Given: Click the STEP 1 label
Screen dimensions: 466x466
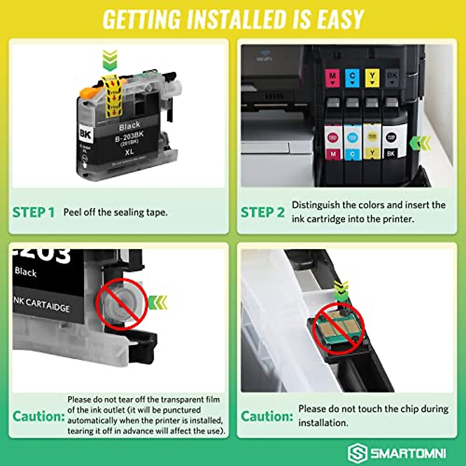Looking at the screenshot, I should (x=33, y=212).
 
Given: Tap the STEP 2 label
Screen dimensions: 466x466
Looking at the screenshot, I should (x=263, y=212).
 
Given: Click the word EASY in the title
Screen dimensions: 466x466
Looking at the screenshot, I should (x=341, y=19).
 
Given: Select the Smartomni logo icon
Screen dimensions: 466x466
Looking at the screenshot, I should (x=357, y=453).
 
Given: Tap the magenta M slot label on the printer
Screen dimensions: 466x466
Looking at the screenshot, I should (x=332, y=78).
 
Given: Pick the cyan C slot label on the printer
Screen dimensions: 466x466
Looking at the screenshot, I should (x=352, y=78).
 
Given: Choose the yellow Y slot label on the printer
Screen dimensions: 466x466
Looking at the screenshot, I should (x=372, y=78).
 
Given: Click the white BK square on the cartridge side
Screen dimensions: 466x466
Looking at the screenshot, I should (x=85, y=134).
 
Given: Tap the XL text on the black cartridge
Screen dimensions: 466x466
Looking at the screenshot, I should (x=129, y=151).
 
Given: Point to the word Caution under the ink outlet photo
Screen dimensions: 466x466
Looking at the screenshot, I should (x=38, y=416).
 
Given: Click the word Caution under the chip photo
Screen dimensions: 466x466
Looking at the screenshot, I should (x=267, y=416).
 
